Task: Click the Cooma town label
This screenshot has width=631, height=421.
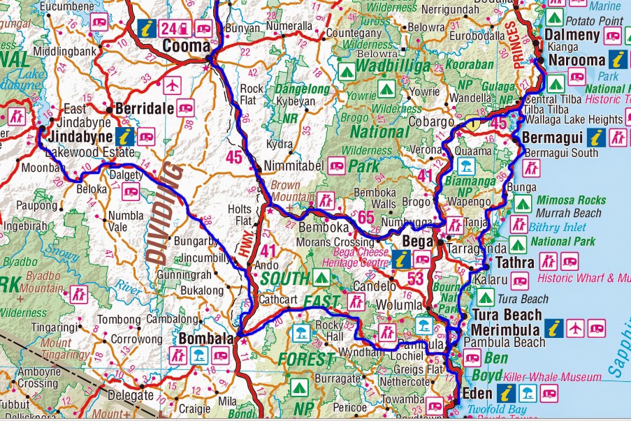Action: [186, 46]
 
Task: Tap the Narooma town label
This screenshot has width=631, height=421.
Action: [576, 60]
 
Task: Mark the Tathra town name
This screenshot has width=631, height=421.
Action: [514, 263]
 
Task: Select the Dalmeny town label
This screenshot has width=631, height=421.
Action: [572, 36]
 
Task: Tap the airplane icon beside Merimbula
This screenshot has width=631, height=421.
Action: [575, 327]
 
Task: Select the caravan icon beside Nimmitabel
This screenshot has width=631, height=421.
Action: [336, 166]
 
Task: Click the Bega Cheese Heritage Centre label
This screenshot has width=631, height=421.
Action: [356, 258]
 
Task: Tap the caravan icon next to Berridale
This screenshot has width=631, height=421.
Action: [185, 107]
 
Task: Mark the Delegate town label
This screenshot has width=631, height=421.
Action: [131, 395]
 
